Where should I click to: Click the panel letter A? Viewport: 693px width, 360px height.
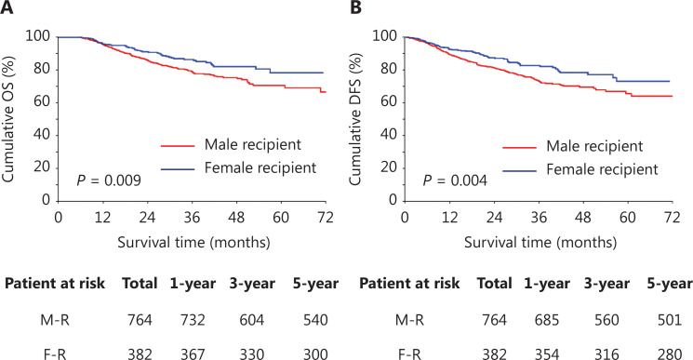click(x=7, y=7)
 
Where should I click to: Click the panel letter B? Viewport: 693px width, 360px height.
click(x=355, y=7)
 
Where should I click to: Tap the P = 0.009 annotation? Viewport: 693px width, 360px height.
click(x=109, y=180)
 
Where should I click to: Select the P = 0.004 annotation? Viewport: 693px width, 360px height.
click(x=455, y=180)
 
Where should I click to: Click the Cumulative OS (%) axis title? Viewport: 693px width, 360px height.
click(x=8, y=118)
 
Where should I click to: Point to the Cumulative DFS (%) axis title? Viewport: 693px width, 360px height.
click(x=355, y=119)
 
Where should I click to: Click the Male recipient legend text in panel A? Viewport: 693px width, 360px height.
click(x=252, y=144)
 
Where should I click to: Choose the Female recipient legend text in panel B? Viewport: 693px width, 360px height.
click(x=603, y=169)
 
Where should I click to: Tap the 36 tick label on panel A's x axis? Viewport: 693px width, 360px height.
click(x=192, y=218)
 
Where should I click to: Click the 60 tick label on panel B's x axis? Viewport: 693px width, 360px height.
click(x=628, y=218)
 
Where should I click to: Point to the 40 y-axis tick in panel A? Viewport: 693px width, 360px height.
click(x=42, y=135)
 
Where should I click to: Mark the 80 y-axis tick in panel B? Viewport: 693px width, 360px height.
click(x=388, y=69)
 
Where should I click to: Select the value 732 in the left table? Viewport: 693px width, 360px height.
click(x=193, y=320)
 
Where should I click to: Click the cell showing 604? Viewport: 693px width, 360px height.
click(x=252, y=320)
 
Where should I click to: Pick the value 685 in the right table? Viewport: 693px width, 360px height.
click(x=547, y=320)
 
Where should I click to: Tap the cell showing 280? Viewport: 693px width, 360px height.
click(x=670, y=353)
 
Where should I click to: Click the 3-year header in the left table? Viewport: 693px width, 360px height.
click(x=252, y=284)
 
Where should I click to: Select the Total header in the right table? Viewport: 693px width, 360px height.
click(x=494, y=284)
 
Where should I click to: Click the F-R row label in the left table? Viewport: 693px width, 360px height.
click(x=56, y=353)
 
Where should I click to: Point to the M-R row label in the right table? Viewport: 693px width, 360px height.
click(x=409, y=320)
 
